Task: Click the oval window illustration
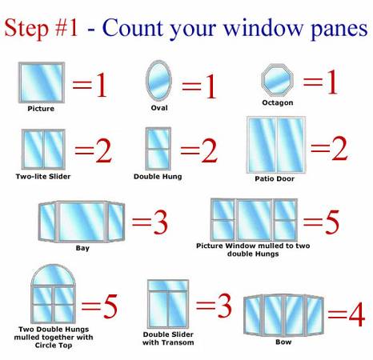(158, 80)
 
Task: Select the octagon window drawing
(277, 80)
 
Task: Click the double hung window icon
(158, 148)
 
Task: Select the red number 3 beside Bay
(159, 224)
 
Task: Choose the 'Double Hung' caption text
(158, 176)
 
